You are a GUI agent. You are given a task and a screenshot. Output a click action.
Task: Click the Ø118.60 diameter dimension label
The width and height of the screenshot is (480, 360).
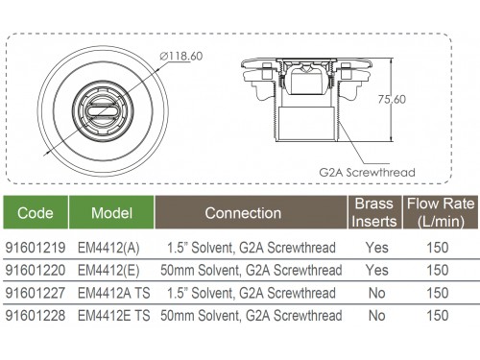coord(181,57)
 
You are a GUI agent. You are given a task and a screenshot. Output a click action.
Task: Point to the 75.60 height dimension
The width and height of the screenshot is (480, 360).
coord(392,99)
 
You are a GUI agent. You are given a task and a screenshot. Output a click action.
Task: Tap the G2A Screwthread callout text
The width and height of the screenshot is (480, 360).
coord(367,173)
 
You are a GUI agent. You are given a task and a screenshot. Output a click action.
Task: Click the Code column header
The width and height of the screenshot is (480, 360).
coord(36,213)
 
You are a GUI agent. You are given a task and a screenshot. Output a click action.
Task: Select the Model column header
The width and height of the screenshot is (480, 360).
coord(111,213)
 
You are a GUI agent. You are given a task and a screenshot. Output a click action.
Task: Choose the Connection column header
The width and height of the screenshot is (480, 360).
coord(243,213)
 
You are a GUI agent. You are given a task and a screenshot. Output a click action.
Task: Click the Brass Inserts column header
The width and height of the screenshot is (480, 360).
coord(374,212)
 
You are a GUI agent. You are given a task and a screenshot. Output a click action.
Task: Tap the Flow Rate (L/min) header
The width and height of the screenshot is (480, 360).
coord(441,212)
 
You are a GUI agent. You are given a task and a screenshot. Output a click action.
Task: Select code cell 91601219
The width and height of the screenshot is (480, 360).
coord(36,248)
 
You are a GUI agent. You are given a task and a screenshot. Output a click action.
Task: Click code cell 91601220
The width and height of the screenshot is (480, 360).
coord(36,271)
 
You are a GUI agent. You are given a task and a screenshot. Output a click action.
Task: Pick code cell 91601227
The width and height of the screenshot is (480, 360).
coord(36,293)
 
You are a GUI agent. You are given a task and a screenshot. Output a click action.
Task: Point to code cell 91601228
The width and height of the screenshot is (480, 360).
coord(36,316)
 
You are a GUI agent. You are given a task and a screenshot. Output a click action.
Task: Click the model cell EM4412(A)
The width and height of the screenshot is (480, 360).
coord(108,248)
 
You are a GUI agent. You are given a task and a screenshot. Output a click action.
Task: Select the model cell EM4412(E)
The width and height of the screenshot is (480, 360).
coord(108,271)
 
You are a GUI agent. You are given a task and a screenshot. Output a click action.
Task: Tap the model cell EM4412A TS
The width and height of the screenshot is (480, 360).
coord(114,293)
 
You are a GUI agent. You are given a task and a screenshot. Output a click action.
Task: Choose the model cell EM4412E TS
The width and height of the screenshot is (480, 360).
coord(114,316)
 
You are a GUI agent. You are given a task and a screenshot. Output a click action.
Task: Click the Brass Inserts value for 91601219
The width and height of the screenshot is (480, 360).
coord(377,248)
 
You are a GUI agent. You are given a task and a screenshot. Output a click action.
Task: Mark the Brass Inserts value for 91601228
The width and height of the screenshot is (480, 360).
coord(377,316)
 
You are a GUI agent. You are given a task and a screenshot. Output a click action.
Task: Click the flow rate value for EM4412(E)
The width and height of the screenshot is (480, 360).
coord(438,271)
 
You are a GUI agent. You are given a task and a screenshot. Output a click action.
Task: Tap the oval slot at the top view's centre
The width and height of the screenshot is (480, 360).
coord(103,112)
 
